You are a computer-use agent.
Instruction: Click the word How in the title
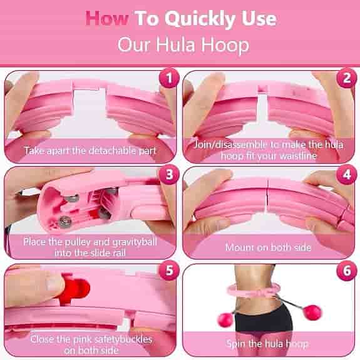(x=107, y=19)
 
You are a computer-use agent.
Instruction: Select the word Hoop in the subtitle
(x=225, y=45)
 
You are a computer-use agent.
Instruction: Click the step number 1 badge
(x=169, y=78)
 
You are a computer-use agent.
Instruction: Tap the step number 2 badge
(x=347, y=78)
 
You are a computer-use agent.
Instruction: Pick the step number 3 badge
(x=169, y=175)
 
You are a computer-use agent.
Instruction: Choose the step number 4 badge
(x=347, y=175)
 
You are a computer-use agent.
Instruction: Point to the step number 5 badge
(x=169, y=270)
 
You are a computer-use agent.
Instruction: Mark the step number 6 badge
(x=347, y=270)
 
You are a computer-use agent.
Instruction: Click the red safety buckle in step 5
(x=75, y=289)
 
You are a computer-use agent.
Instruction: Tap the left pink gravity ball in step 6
(x=225, y=319)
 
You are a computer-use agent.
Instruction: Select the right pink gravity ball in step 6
(x=312, y=312)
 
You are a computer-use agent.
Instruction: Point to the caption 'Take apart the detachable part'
(x=90, y=151)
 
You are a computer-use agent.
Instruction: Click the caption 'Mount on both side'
(x=268, y=247)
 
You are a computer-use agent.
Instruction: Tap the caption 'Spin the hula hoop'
(x=267, y=344)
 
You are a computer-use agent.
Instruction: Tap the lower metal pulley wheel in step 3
(x=65, y=221)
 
